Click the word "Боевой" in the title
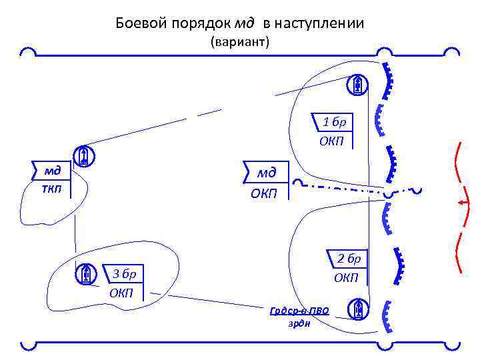click(x=137, y=23)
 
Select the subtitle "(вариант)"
click(x=239, y=43)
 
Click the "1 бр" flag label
click(x=333, y=122)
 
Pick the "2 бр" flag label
click(x=347, y=259)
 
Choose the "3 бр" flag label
click(x=124, y=273)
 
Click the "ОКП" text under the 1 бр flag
click(x=331, y=141)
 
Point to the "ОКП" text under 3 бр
click(x=121, y=293)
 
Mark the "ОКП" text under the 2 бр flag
click(x=346, y=277)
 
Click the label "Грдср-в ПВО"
click(x=299, y=311)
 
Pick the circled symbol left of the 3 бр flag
click(x=85, y=273)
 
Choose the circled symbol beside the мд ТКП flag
click(x=84, y=156)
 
